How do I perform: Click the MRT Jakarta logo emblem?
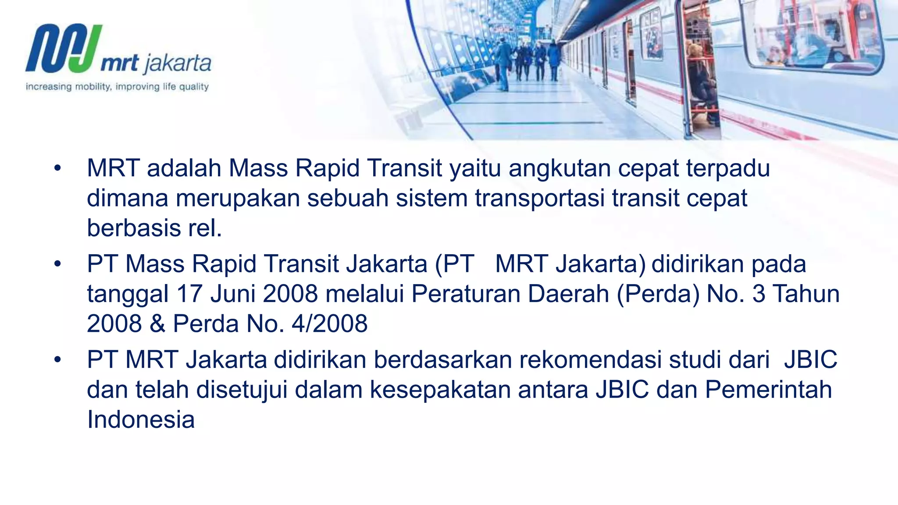pyautogui.click(x=64, y=48)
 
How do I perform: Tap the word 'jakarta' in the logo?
pyautogui.click(x=177, y=64)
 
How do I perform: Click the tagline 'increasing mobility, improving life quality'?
pyautogui.click(x=117, y=87)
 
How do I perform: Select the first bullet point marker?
pyautogui.click(x=57, y=169)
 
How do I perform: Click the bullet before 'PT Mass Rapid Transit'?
pyautogui.click(x=57, y=264)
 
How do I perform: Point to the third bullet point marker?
pyautogui.click(x=57, y=360)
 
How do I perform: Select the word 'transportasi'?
pyautogui.click(x=540, y=198)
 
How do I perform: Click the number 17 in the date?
pyautogui.click(x=189, y=294)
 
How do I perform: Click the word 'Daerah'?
pyautogui.click(x=568, y=294)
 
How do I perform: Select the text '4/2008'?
pyautogui.click(x=329, y=324)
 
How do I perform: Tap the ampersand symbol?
pyautogui.click(x=157, y=324)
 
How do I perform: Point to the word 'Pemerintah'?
pyautogui.click(x=768, y=390)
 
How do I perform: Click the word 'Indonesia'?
pyautogui.click(x=141, y=420)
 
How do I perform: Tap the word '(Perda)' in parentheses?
pyautogui.click(x=658, y=294)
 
